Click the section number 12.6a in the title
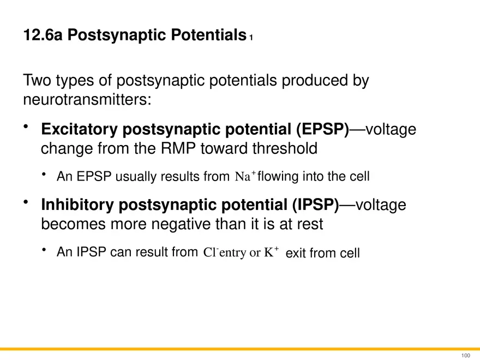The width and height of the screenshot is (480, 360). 43,34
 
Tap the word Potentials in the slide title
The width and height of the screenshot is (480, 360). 208,34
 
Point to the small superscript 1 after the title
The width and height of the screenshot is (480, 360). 251,38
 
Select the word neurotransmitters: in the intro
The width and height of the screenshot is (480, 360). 87,99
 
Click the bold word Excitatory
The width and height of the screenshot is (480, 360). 79,129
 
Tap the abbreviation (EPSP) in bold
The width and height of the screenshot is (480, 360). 322,129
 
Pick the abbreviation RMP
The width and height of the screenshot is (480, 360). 178,148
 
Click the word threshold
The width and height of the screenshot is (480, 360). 285,148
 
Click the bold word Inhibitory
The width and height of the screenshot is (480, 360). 77,205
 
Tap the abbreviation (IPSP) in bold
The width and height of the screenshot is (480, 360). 315,205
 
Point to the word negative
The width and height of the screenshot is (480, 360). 181,224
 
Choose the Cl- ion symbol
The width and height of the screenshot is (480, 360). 211,252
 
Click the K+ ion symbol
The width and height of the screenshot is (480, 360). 272,251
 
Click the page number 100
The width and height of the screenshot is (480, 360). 465,356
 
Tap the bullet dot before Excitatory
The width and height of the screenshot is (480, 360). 26,126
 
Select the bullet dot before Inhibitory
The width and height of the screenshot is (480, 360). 26,202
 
